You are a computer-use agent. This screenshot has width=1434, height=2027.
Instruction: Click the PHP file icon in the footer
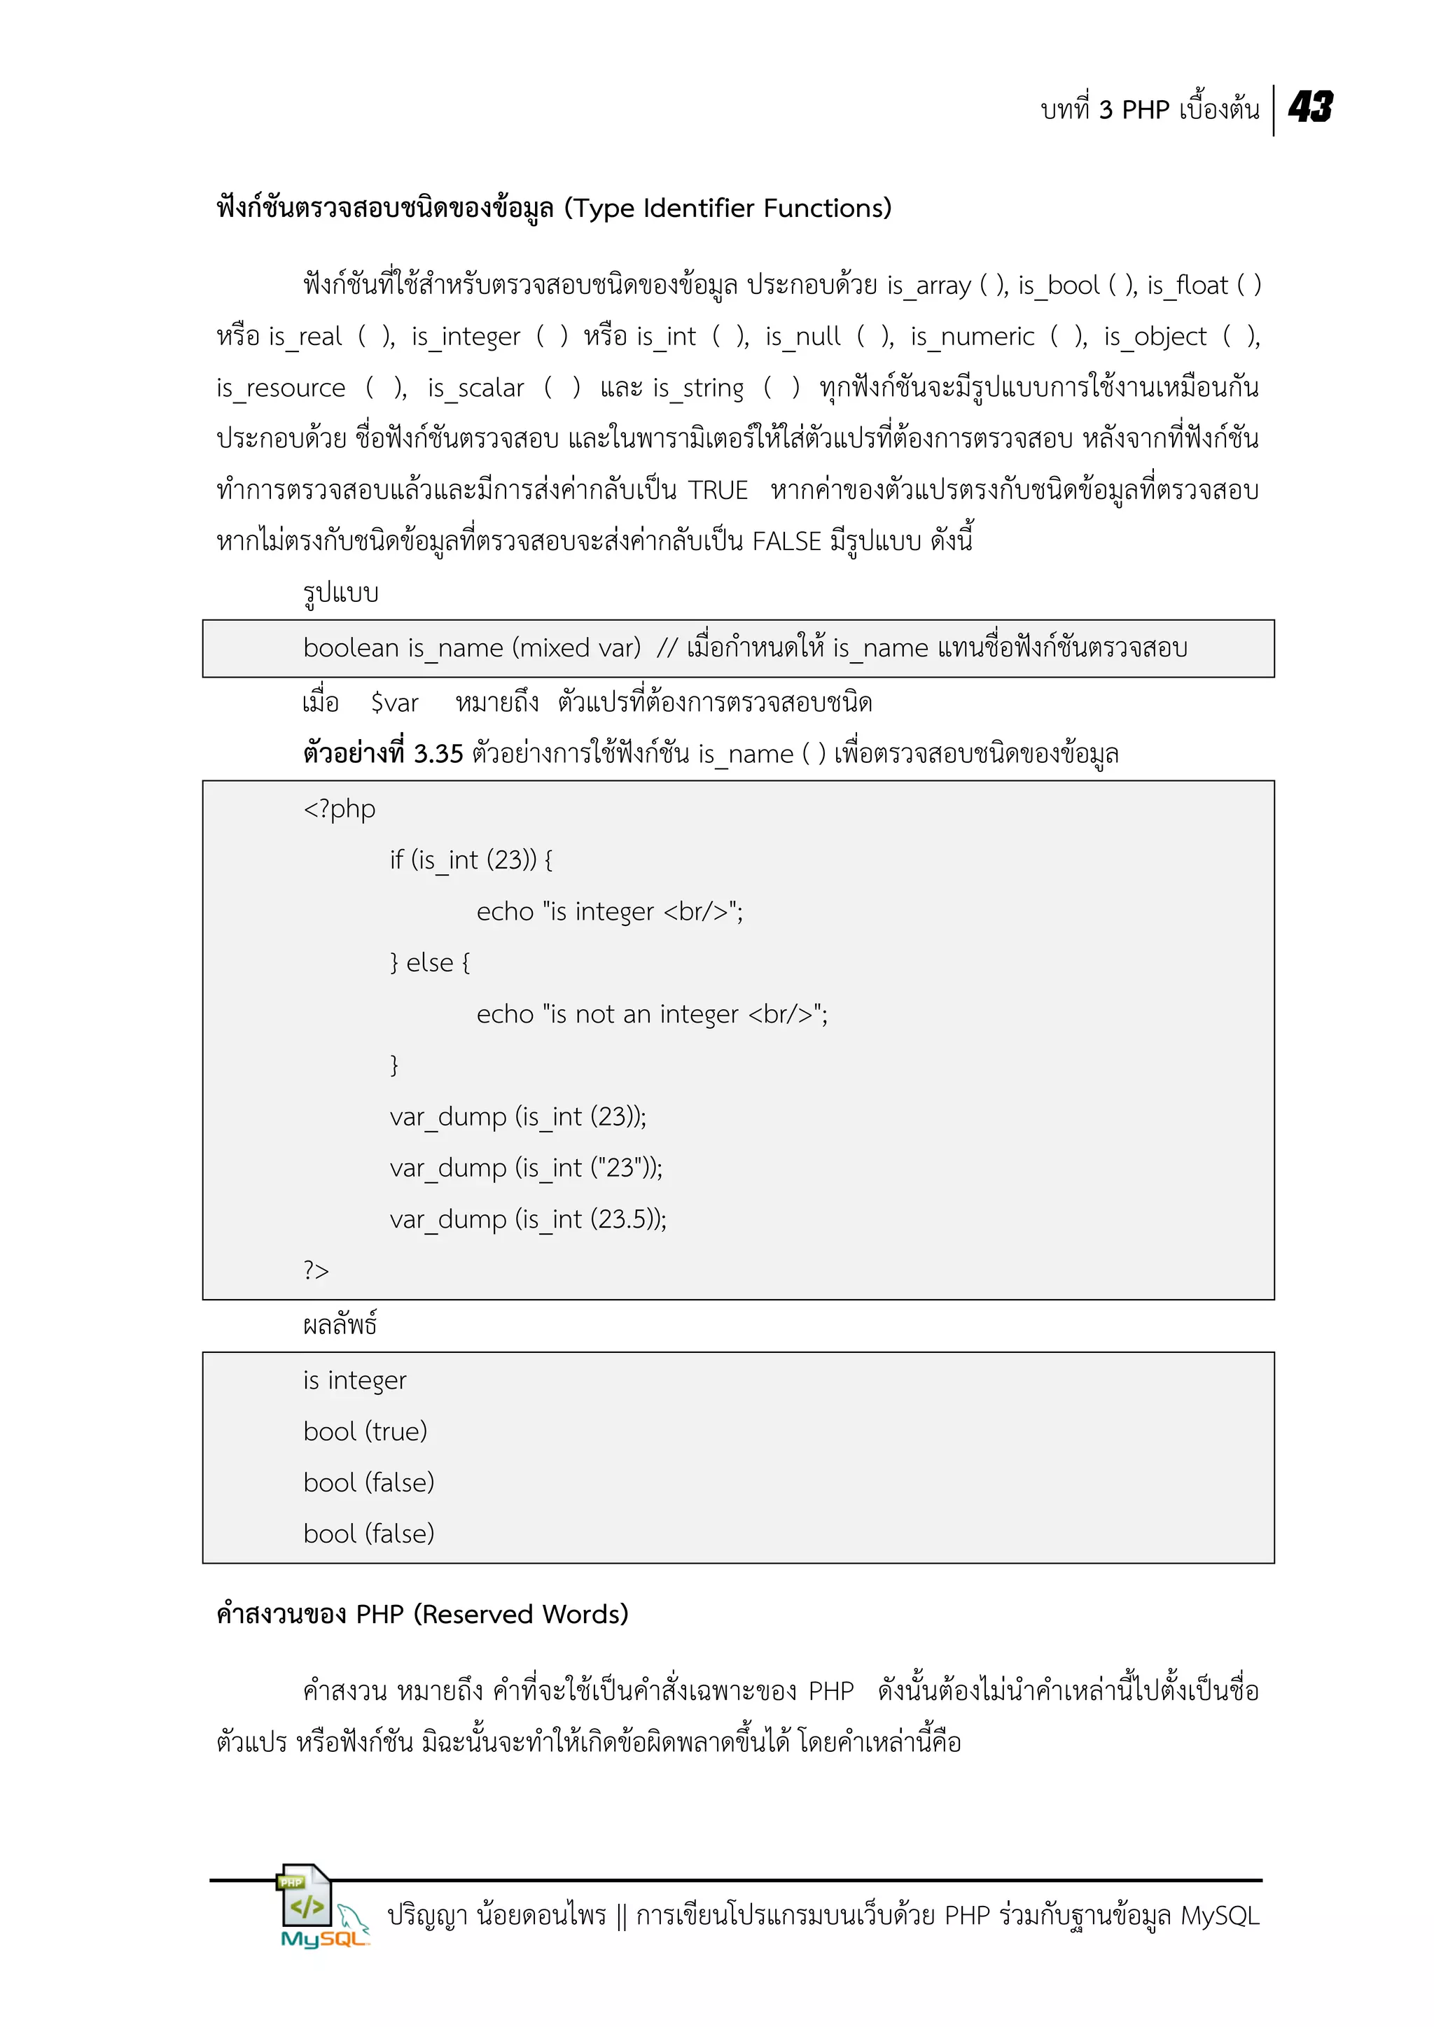pos(305,1895)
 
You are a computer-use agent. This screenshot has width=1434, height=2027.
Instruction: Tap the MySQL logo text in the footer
pos(323,1939)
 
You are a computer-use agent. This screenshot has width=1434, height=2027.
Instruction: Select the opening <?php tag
pos(339,808)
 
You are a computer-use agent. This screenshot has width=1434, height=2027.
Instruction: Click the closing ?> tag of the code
pos(316,1270)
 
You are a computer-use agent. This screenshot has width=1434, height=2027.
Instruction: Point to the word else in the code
pos(430,962)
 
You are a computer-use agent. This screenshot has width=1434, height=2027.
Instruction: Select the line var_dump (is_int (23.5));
pos(528,1219)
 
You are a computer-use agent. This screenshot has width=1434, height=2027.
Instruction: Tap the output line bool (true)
pos(365,1431)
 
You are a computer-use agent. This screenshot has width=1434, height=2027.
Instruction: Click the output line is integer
pos(354,1380)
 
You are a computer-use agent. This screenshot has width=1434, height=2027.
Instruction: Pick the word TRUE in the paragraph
pos(718,490)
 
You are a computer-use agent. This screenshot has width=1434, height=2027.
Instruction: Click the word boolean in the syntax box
pos(351,648)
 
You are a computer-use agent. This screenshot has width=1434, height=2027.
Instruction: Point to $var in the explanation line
pos(395,703)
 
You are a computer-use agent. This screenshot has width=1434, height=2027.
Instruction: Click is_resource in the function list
pos(281,388)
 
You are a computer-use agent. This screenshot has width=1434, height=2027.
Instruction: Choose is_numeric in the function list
pos(972,337)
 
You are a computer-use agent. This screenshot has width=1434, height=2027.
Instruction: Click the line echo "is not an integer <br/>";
pos(652,1014)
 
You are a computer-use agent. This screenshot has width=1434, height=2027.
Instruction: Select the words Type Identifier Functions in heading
pos(728,209)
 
